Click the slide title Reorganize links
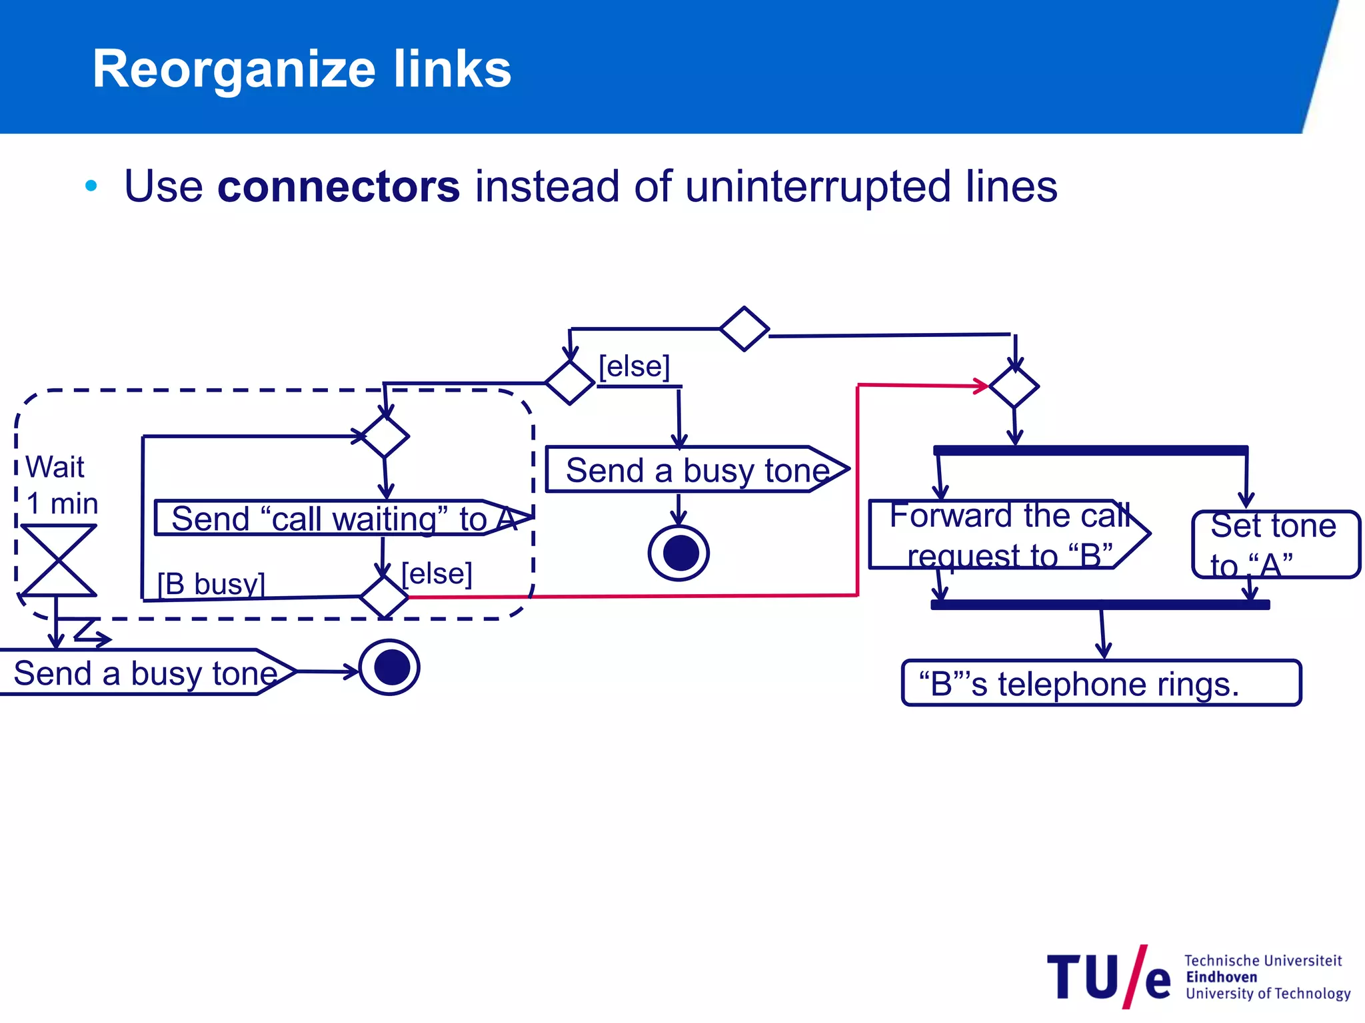point(301,69)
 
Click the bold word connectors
point(338,186)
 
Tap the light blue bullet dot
point(91,186)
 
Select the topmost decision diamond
point(744,329)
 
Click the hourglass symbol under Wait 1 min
point(59,560)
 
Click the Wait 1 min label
point(60,485)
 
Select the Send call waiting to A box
point(333,518)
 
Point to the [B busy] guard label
point(211,584)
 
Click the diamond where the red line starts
point(384,597)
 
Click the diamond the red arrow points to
point(1014,386)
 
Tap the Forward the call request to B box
point(1006,535)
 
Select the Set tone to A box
point(1274,544)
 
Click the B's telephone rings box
point(1100,683)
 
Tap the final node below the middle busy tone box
point(679,553)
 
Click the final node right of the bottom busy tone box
point(390,667)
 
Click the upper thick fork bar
point(1090,451)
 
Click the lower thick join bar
point(1100,605)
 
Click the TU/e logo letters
point(1108,977)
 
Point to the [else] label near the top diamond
point(634,367)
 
